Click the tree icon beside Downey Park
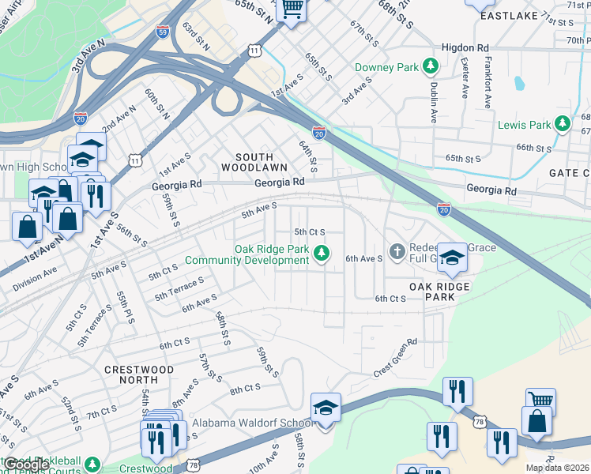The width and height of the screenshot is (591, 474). tap(431, 67)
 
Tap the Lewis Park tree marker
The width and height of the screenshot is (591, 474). tap(562, 124)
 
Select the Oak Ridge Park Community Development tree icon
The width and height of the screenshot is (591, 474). tap(321, 254)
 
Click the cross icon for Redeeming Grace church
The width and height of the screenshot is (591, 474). tap(397, 253)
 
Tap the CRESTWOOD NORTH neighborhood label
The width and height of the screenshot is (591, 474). tap(139, 375)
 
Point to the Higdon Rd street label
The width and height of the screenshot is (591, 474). tap(465, 47)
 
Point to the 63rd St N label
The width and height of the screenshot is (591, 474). tap(195, 36)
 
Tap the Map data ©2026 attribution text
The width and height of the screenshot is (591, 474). tap(557, 468)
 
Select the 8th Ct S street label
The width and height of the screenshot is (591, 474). tap(245, 389)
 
